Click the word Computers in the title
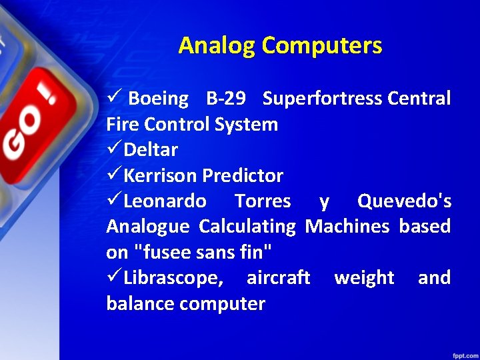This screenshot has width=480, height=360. tap(322, 45)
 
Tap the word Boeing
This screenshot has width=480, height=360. tap(158, 99)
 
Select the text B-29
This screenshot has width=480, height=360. tap(225, 99)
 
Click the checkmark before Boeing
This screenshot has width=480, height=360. tap(113, 99)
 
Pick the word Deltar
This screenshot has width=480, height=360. tap(151, 150)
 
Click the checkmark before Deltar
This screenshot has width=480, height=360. tap(113, 150)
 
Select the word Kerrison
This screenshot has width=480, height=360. tap(160, 176)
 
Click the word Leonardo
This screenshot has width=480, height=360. tap(165, 201)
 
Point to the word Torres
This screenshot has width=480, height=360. tap(263, 201)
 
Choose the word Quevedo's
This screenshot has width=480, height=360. tap(404, 201)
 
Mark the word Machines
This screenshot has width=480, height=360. tap(347, 227)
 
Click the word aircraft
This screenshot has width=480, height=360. tap(278, 278)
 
